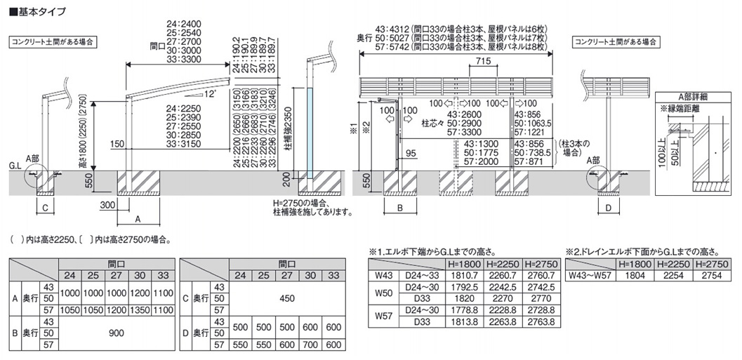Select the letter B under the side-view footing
click(x=397, y=208)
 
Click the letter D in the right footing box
click(x=609, y=208)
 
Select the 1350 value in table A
click(x=140, y=309)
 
